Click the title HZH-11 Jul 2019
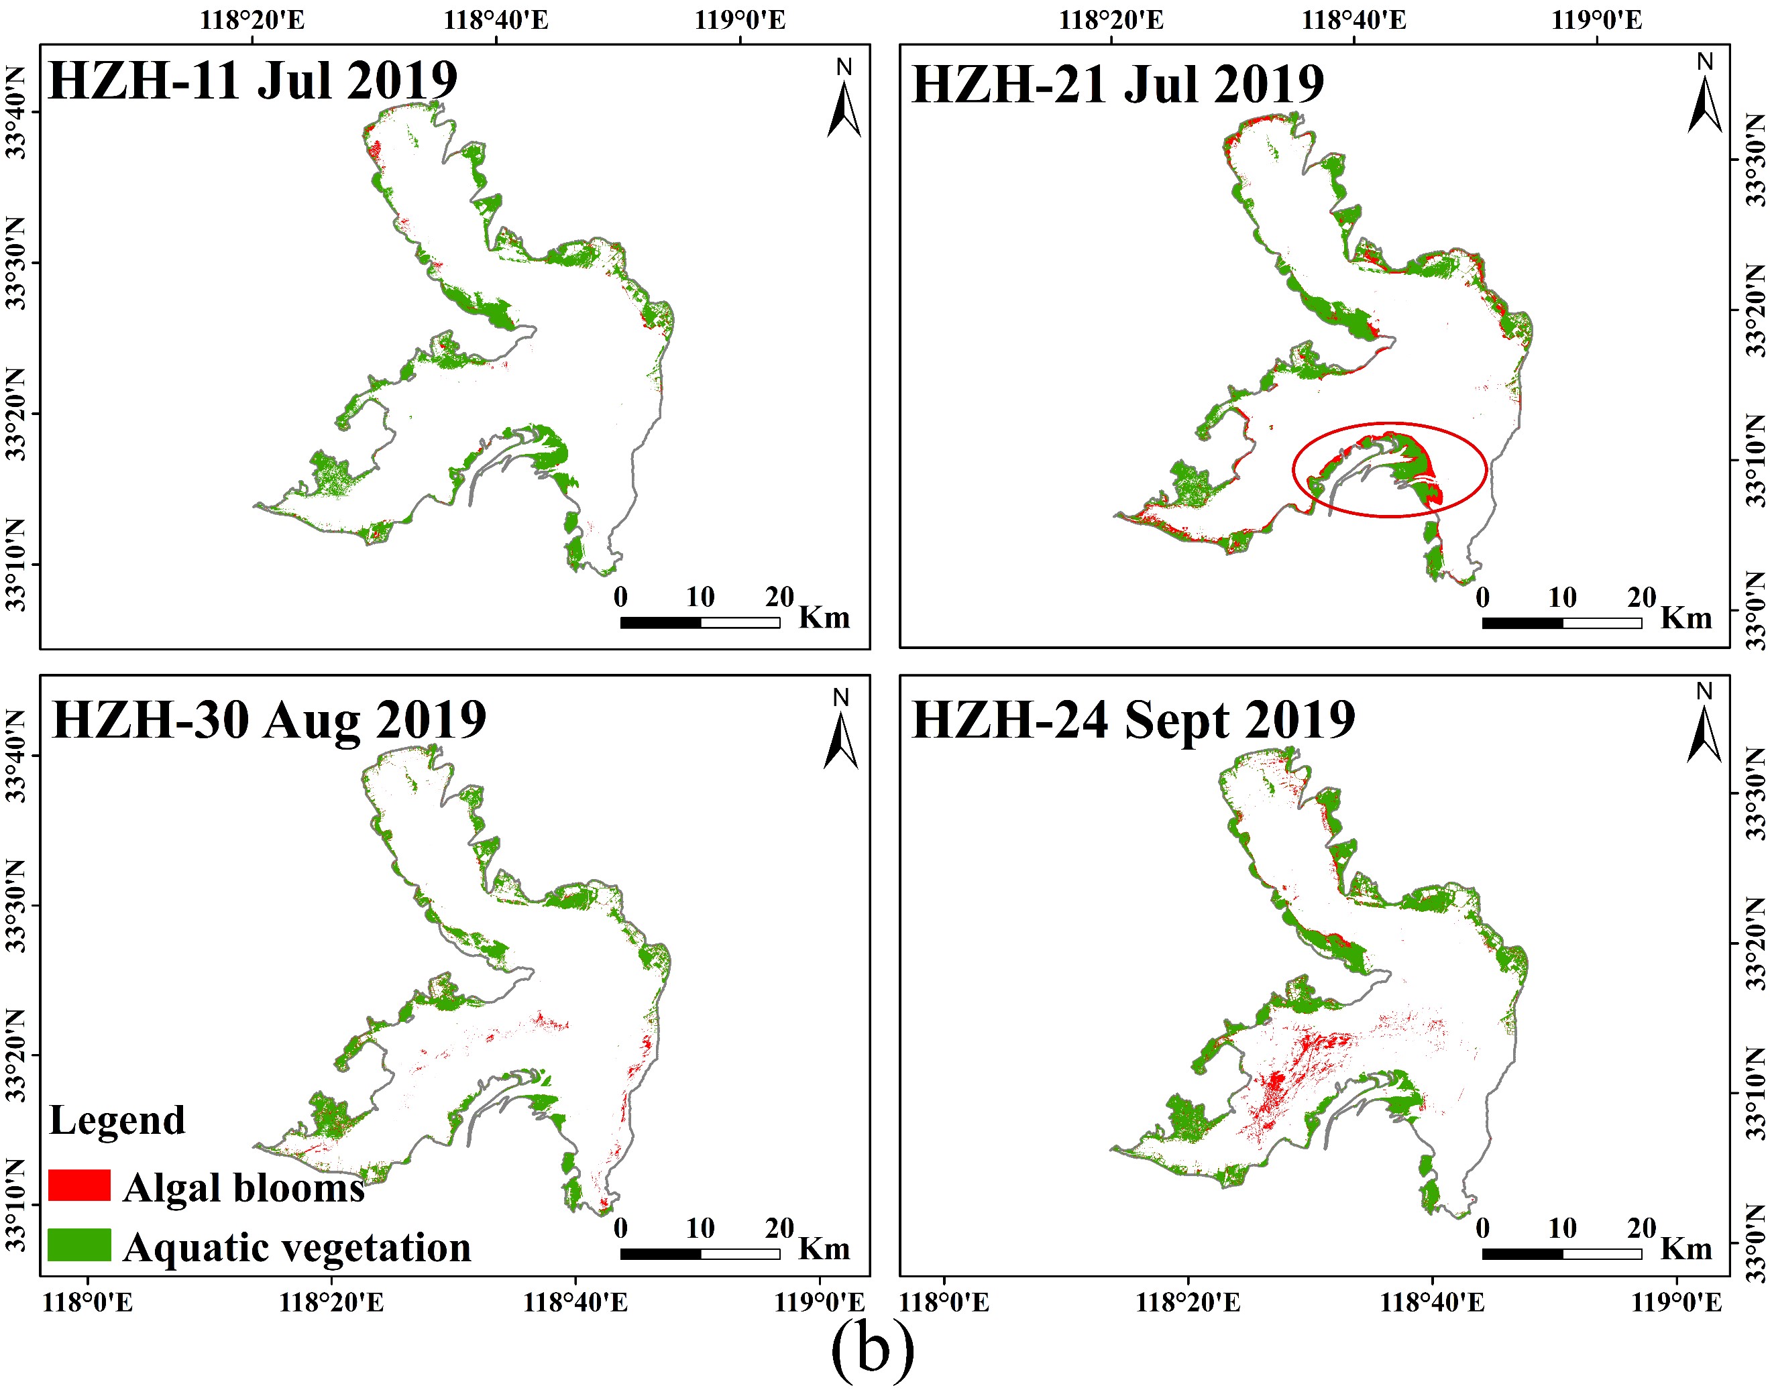click(x=252, y=81)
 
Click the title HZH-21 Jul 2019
click(x=1117, y=85)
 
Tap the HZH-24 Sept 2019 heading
click(x=1133, y=721)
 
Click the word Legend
click(x=117, y=1120)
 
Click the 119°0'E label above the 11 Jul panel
click(x=740, y=19)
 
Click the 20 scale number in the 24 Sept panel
click(x=1641, y=1228)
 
